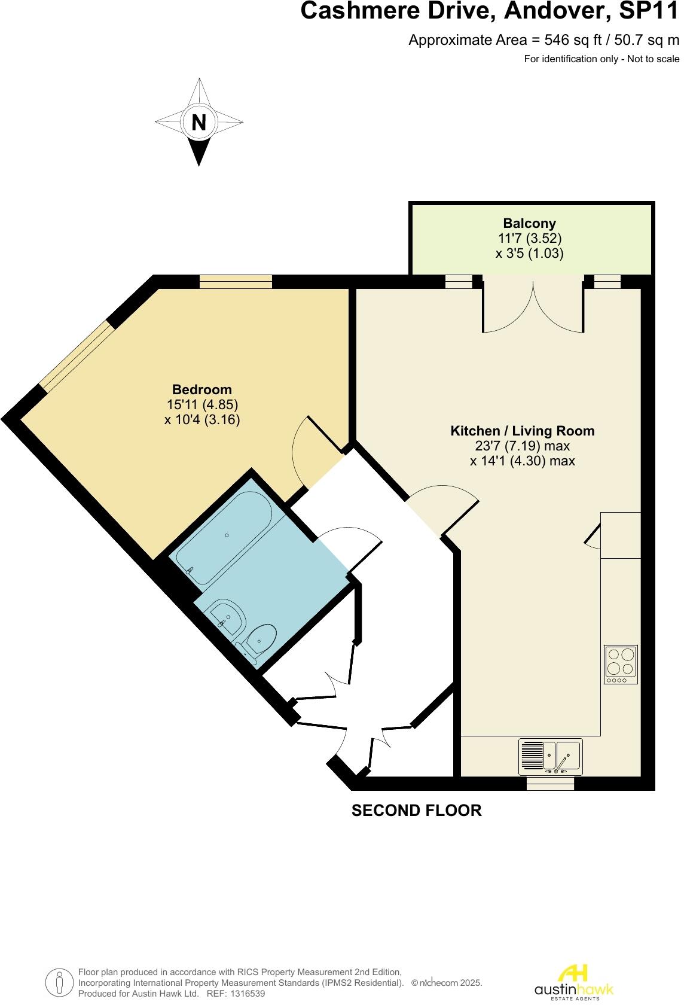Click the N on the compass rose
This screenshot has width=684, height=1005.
[199, 123]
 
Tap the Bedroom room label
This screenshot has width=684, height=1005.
[202, 389]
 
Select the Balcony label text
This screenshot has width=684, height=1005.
[529, 223]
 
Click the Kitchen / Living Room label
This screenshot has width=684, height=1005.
[522, 431]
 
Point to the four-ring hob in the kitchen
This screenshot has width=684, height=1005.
[621, 664]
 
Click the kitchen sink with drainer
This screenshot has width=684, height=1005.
[551, 756]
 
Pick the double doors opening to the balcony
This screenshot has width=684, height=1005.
[533, 308]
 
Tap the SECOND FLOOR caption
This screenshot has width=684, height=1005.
[416, 811]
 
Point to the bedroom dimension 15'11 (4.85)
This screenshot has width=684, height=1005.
[202, 404]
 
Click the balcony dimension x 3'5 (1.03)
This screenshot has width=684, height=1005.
[529, 253]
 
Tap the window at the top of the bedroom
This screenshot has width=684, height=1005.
[236, 282]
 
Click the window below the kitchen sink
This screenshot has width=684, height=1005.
[550, 784]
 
